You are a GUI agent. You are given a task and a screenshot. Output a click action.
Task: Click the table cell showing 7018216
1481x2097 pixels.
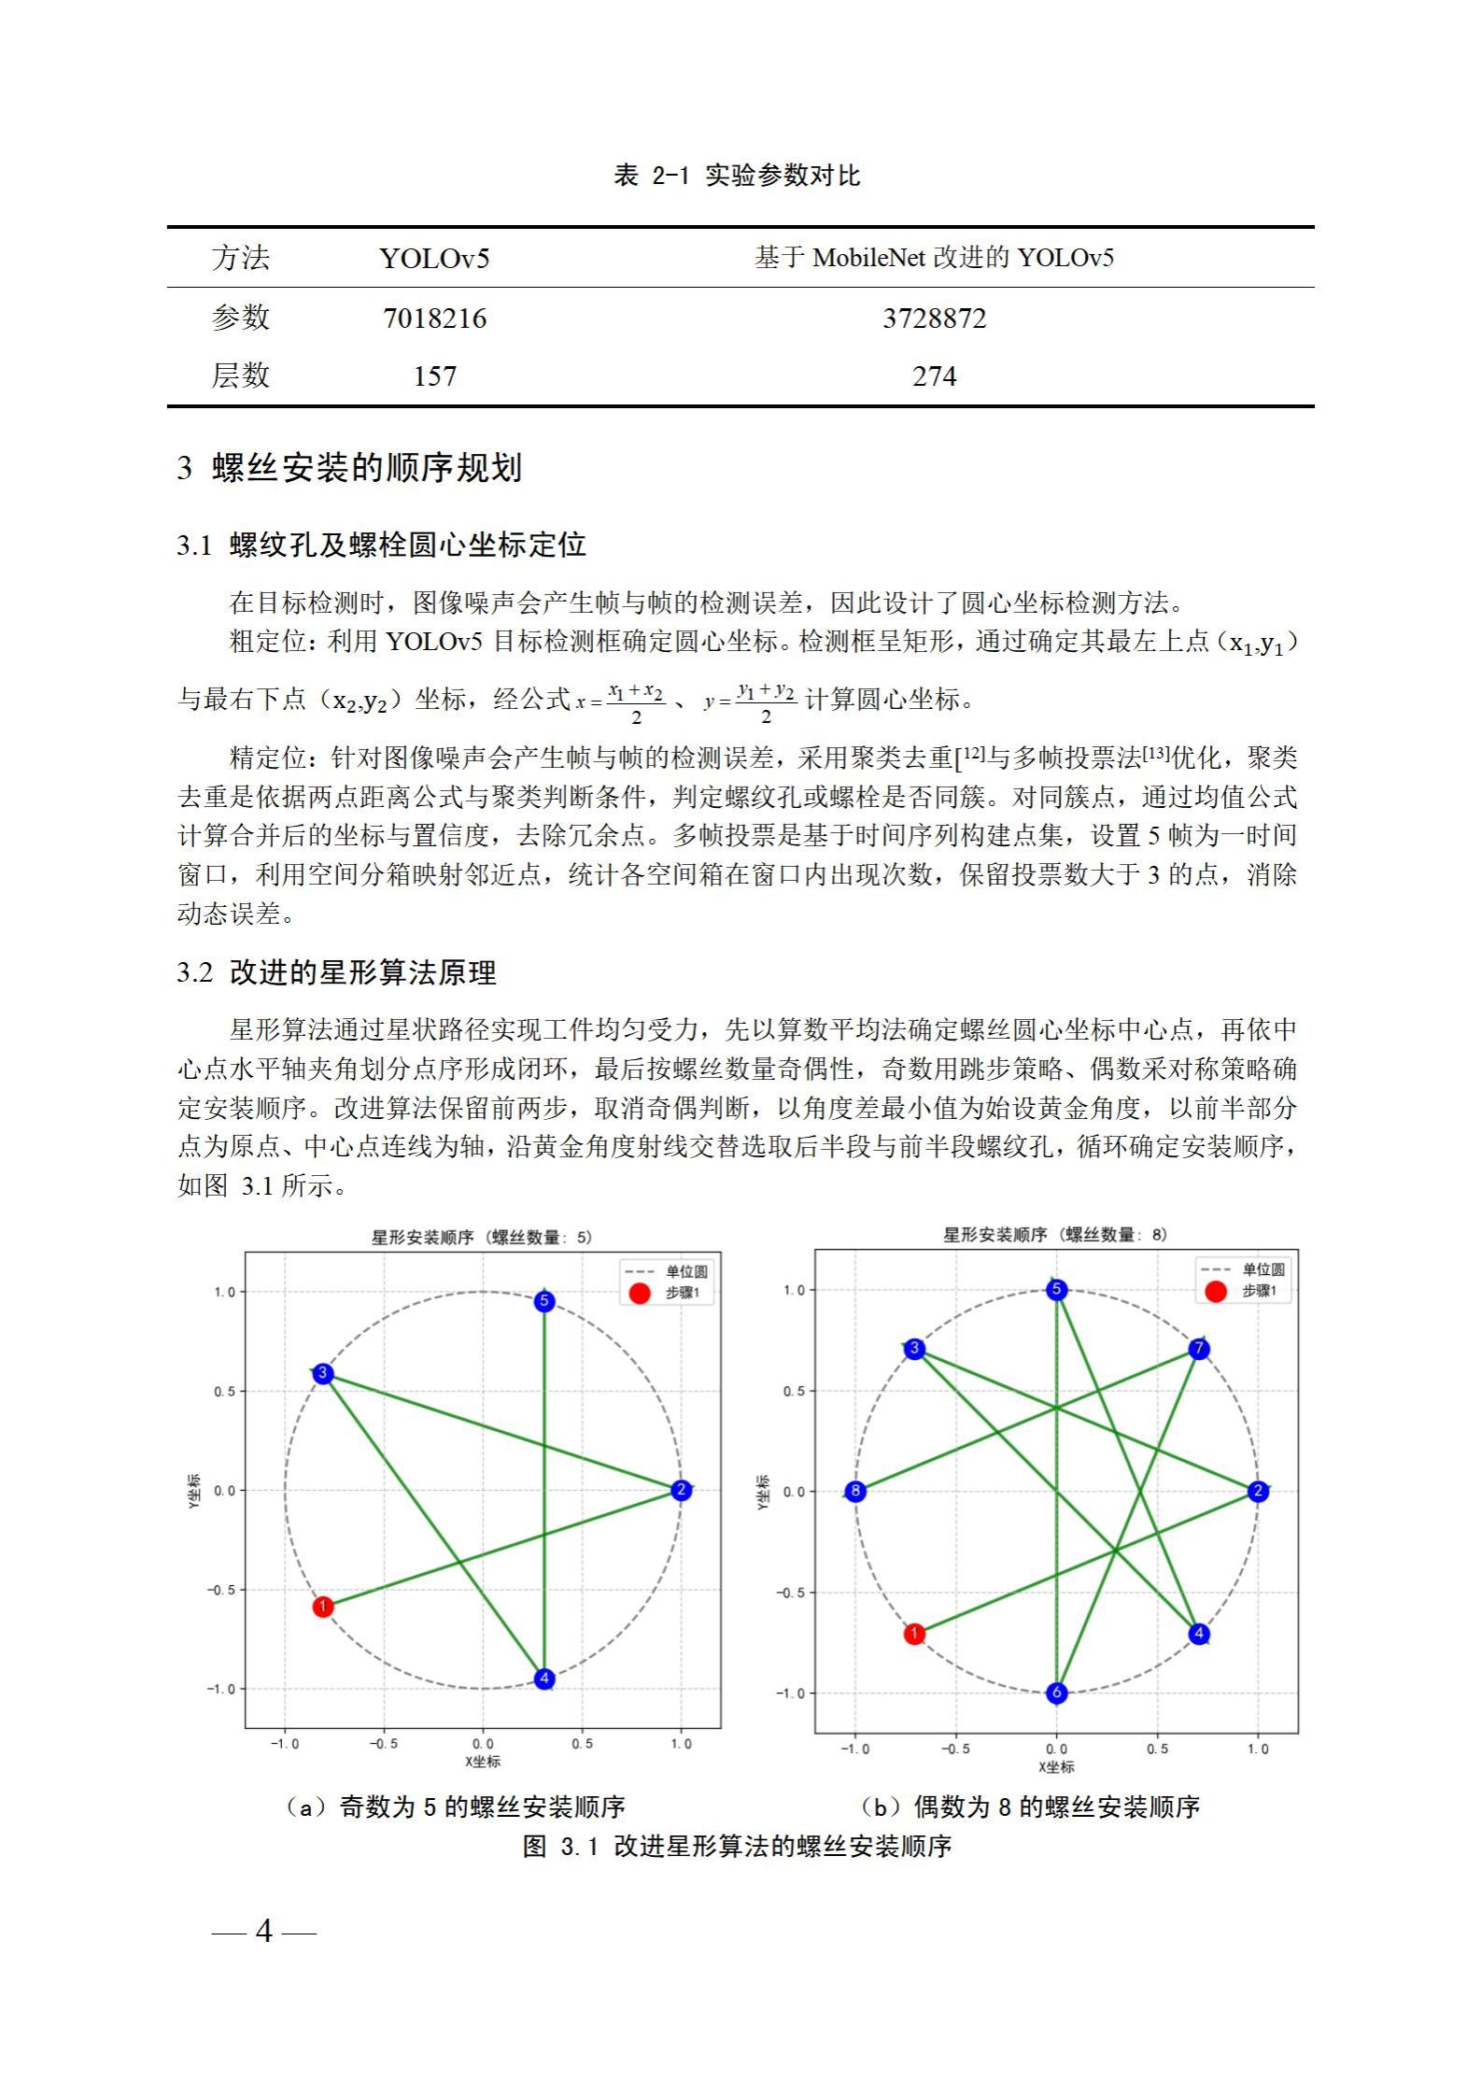tap(434, 319)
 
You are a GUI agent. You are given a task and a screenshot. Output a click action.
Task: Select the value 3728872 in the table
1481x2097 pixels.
tap(934, 319)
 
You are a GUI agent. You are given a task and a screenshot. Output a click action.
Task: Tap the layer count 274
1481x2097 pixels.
tap(934, 376)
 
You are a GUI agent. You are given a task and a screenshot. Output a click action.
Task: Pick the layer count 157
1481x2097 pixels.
tap(434, 376)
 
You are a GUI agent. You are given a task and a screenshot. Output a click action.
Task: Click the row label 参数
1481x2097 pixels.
tap(240, 319)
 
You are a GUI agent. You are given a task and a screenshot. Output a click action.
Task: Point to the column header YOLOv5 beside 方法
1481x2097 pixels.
tap(434, 258)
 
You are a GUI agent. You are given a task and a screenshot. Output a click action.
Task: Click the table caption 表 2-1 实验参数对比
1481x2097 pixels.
tap(736, 176)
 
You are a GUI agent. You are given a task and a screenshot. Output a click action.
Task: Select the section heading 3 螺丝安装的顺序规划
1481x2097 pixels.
tap(349, 467)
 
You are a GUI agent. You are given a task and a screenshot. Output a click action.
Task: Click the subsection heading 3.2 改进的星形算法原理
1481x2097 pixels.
tap(336, 972)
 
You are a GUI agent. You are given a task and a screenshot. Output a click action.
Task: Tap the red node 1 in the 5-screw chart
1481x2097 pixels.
tap(322, 1607)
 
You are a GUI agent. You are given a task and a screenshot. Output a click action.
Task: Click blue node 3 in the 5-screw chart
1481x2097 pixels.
tap(322, 1373)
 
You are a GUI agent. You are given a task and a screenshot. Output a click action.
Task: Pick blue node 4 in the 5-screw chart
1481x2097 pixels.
tap(544, 1679)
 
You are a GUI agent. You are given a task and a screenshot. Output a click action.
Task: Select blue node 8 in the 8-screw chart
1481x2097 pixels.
tap(855, 1491)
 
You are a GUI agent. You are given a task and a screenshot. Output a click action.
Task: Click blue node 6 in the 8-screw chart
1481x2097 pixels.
tap(1056, 1693)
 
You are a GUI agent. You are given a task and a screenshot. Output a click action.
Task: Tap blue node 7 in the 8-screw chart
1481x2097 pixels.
tap(1199, 1349)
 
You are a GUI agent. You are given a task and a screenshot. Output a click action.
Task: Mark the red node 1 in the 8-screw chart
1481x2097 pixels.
tap(914, 1634)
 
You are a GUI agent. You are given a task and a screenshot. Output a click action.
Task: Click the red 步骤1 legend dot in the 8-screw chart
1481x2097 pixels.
tap(1215, 1291)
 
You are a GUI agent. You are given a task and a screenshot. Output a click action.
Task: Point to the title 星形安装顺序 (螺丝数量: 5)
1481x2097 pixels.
tap(482, 1238)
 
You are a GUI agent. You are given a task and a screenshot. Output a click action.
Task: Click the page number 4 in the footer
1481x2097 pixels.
tap(264, 1931)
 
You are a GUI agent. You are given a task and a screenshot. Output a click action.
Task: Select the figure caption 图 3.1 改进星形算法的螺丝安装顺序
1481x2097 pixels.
tap(736, 1846)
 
